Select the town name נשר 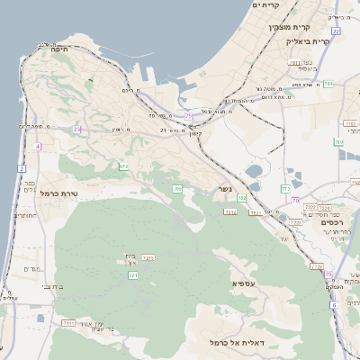[x=224, y=189]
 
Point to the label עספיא [x=244, y=283]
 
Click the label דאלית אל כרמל [x=237, y=343]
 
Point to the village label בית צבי [x=22, y=286]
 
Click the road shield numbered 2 [x=22, y=168]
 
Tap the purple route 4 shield [x=37, y=146]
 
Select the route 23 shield [x=77, y=130]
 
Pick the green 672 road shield [x=123, y=166]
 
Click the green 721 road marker [x=133, y=274]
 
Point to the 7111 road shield [x=67, y=322]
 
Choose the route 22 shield [x=336, y=31]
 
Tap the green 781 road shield [x=328, y=84]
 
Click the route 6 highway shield [x=333, y=305]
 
